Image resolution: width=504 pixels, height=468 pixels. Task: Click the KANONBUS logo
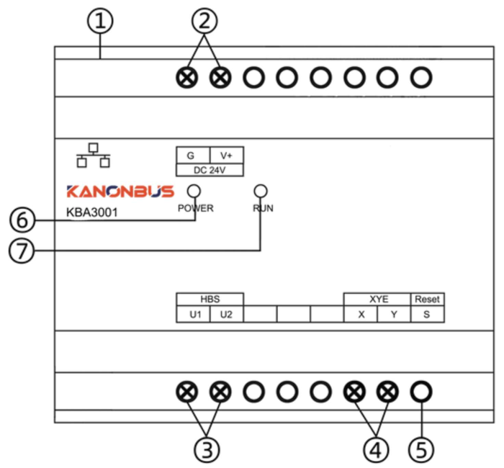click(x=120, y=192)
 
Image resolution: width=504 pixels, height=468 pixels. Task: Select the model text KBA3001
click(x=92, y=212)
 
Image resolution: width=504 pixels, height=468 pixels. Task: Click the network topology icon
click(x=93, y=156)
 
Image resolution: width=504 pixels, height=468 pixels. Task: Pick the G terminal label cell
click(x=193, y=156)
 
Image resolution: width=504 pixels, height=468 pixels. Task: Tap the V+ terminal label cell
click(x=227, y=156)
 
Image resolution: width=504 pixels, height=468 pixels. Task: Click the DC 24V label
click(x=210, y=170)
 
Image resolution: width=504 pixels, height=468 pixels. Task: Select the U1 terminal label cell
click(x=193, y=314)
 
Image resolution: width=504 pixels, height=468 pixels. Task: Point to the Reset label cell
click(x=428, y=300)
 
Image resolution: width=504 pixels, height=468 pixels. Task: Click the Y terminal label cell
click(x=394, y=314)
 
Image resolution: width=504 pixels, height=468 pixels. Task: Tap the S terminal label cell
click(x=428, y=314)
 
